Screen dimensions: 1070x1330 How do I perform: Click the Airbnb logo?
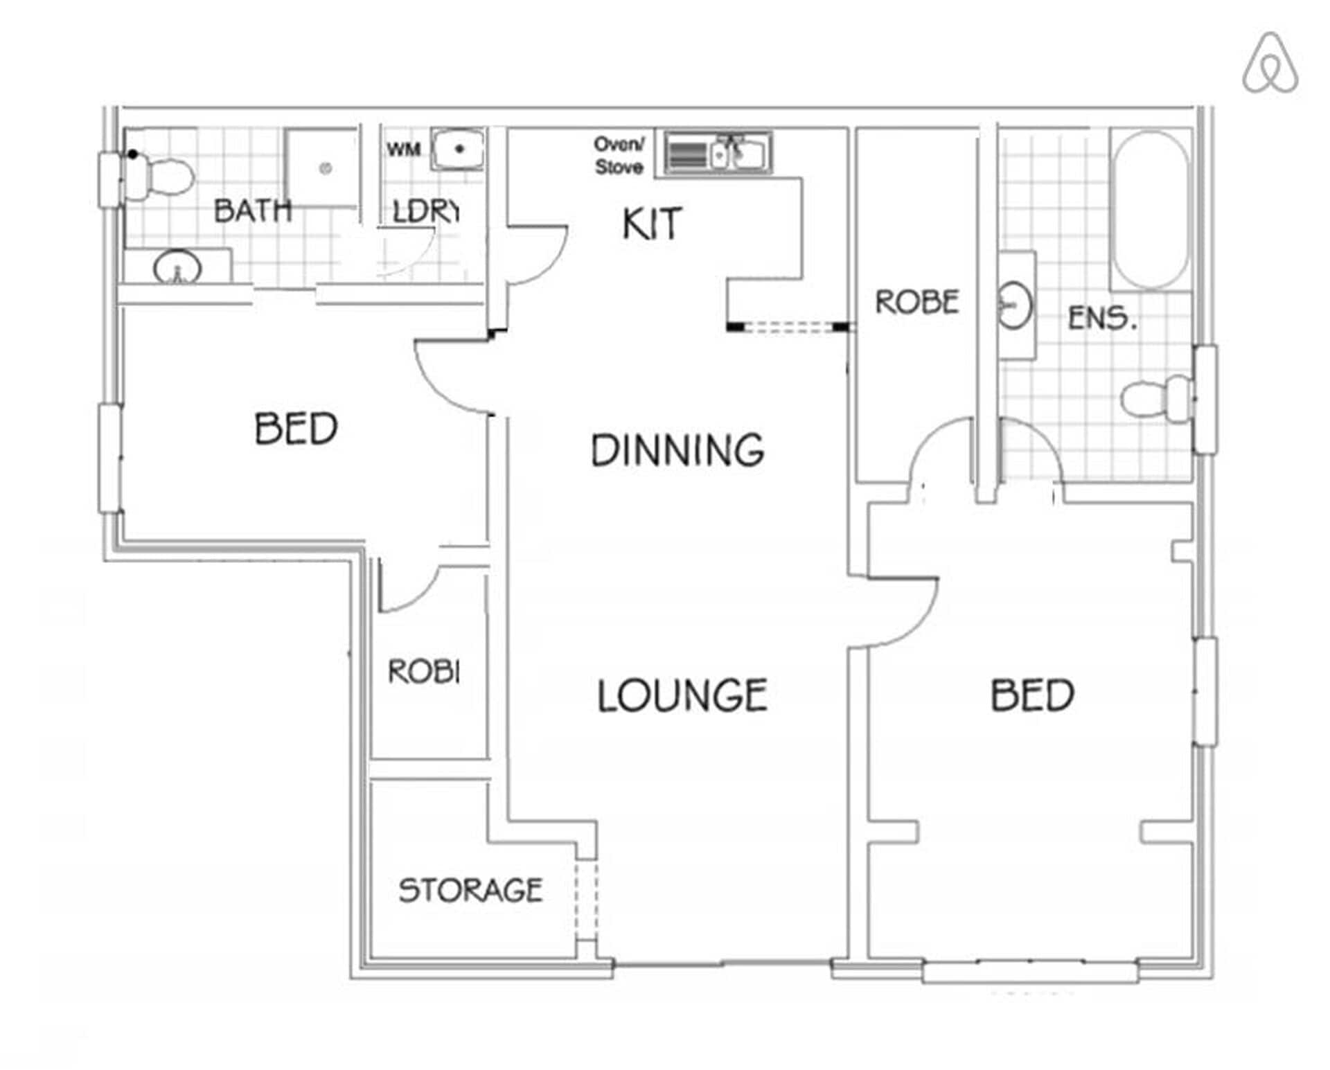click(1270, 63)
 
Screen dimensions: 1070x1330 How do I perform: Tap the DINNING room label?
click(677, 451)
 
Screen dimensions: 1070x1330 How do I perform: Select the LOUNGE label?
click(682, 696)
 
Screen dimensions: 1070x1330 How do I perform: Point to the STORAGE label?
click(470, 890)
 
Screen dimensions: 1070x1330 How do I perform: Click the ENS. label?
click(1101, 319)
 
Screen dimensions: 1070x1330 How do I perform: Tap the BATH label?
click(252, 211)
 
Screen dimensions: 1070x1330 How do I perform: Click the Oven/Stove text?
click(619, 156)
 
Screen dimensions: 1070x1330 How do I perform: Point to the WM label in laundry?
click(403, 150)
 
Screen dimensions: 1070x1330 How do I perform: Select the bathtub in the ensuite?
click(1150, 209)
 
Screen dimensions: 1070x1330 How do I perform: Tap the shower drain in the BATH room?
click(326, 168)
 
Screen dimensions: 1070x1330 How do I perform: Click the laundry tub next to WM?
click(457, 149)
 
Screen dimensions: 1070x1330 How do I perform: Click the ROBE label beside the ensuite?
click(916, 303)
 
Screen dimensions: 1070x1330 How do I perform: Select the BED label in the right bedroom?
click(1031, 696)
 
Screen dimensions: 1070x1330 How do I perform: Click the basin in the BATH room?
click(177, 267)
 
